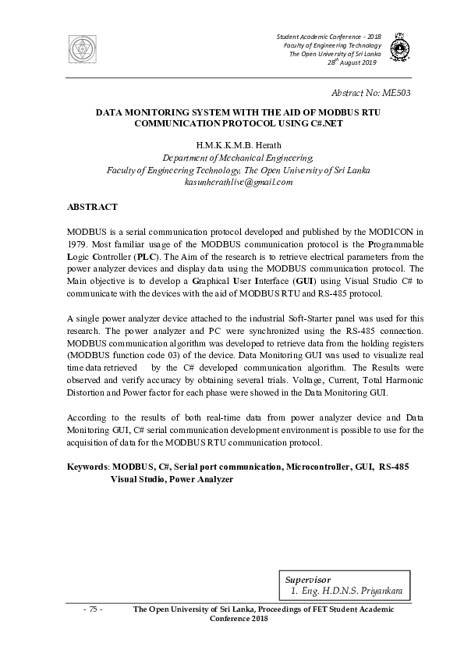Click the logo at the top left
point(79,49)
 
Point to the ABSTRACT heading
point(92,207)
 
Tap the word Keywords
point(87,466)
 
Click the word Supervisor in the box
point(308,581)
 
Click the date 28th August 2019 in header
point(353,62)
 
